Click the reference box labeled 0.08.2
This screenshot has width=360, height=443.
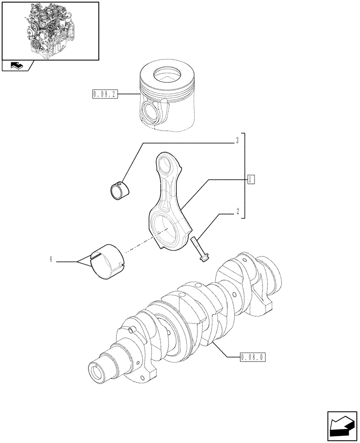click(x=105, y=94)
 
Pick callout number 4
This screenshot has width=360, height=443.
click(x=51, y=260)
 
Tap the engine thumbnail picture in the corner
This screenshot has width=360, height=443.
click(x=50, y=30)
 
